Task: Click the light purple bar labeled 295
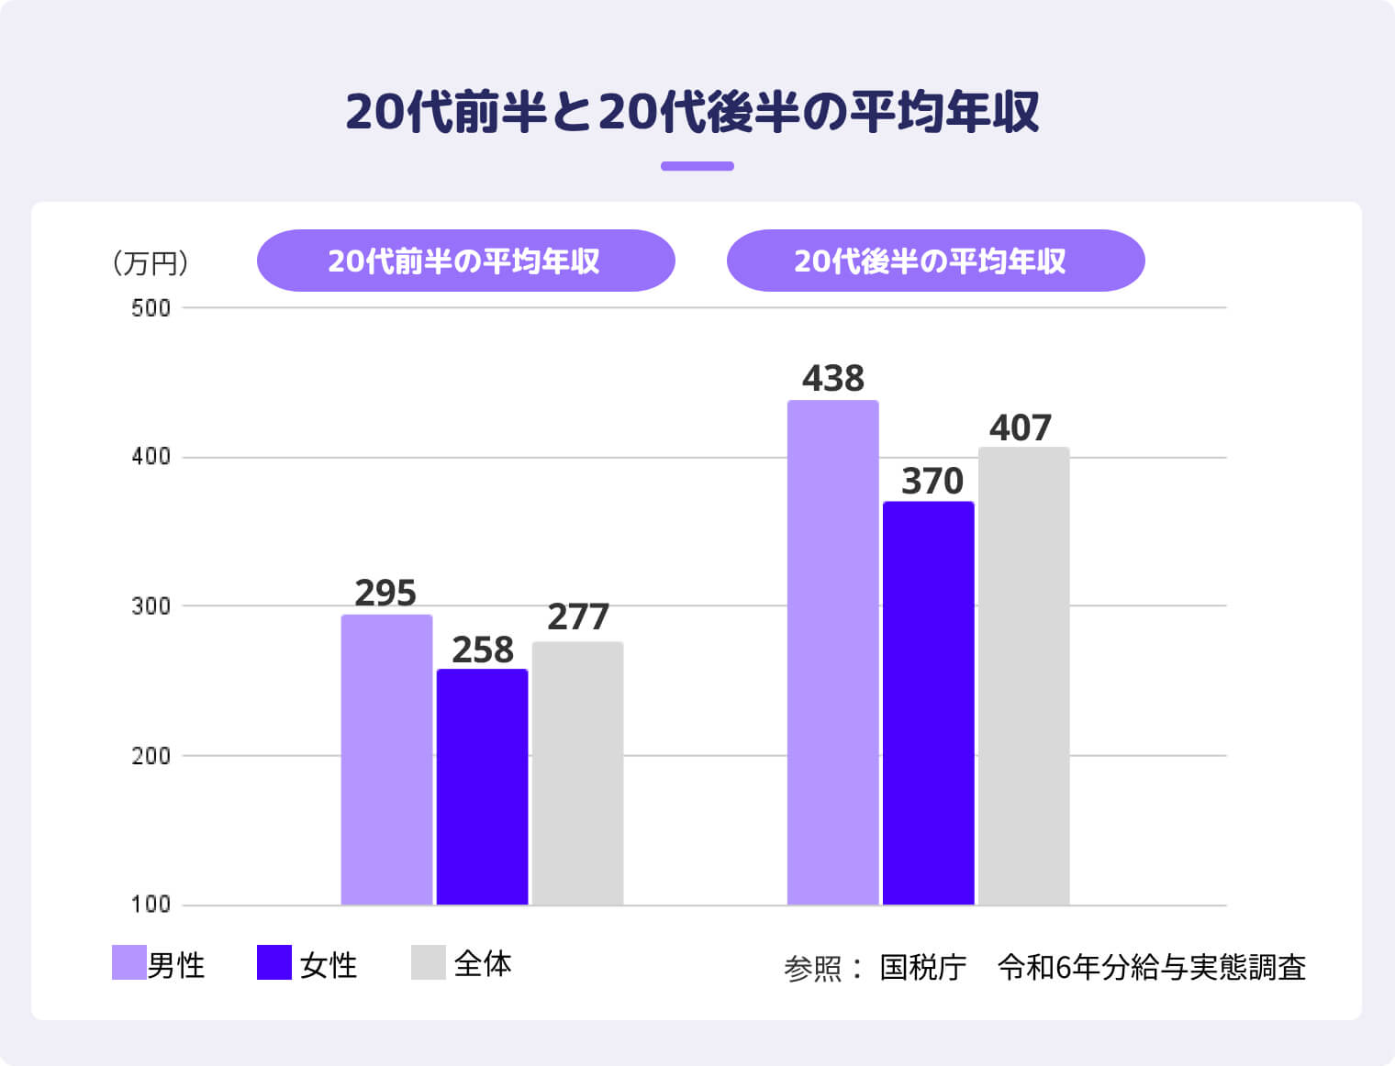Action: coord(386,760)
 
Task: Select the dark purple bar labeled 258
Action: coord(482,787)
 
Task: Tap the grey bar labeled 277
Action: coord(577,773)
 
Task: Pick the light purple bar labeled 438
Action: coord(832,652)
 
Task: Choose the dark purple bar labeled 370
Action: coord(928,703)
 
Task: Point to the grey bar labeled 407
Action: coord(1023,676)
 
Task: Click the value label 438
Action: coord(832,379)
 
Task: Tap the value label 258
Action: coord(482,650)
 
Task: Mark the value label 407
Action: coord(1020,428)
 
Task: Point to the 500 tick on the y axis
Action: coord(151,308)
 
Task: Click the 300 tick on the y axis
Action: coord(151,606)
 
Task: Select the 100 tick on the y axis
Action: coord(151,905)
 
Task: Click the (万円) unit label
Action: coord(151,264)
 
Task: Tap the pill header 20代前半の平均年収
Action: coord(465,261)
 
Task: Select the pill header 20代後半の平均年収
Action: coord(935,261)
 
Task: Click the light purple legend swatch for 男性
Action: coord(128,962)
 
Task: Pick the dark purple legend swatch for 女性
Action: coord(273,962)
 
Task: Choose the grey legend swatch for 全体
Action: coord(428,962)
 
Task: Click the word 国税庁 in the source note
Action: coord(922,967)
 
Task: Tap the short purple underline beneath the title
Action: coord(697,166)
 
